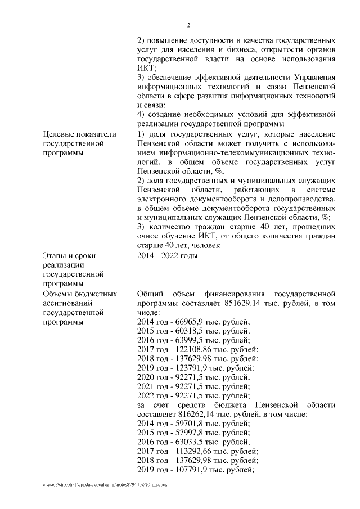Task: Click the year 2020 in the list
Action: (x=146, y=377)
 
